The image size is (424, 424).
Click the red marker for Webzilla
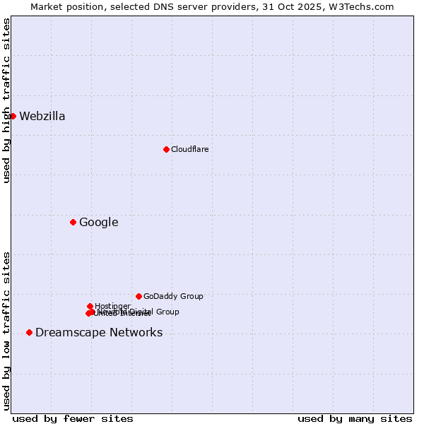pos(13,116)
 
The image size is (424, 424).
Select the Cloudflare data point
pos(166,149)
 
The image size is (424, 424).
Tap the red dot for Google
pos(73,222)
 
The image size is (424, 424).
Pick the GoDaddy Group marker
pos(139,296)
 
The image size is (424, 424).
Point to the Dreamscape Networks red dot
pos(29,332)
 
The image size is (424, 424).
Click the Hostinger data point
pos(90,306)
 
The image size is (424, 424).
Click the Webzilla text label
pos(42,117)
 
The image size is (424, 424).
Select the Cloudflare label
pos(189,149)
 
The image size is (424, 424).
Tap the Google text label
pos(98,223)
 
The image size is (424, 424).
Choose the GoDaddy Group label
pos(173,296)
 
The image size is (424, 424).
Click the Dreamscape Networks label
pos(99,333)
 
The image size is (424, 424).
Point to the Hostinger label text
pos(112,306)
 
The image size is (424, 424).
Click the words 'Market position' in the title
pos(64,6)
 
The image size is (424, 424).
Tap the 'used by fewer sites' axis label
pos(73,418)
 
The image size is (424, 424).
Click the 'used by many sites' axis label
pos(355,418)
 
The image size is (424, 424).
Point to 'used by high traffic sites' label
pos(7,100)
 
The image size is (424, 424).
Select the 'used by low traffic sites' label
pos(7,331)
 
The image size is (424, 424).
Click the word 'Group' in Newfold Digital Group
pos(167,312)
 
